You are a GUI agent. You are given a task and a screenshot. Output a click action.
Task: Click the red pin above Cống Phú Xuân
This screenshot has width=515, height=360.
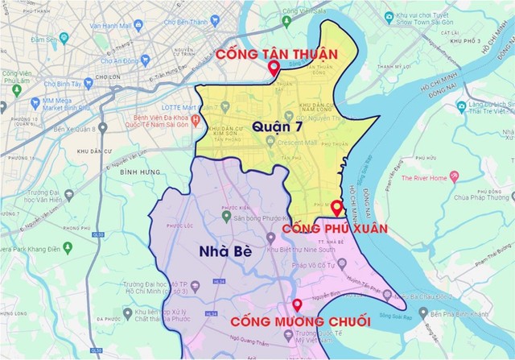(x=336, y=209)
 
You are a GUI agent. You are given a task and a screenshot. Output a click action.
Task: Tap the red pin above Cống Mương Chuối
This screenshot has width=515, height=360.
(x=298, y=305)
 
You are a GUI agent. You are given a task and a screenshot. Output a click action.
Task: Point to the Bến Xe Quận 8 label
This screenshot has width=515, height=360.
(x=74, y=129)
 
